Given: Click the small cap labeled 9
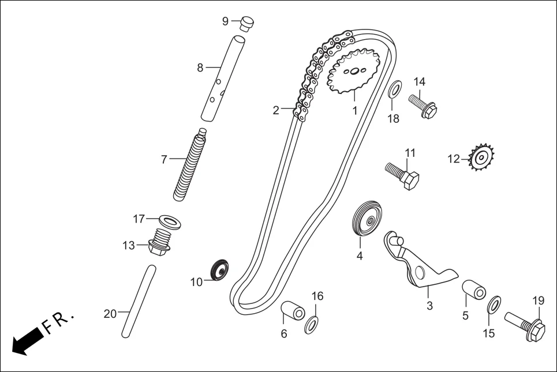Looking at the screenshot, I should (x=247, y=23).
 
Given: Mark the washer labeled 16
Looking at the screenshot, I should (x=311, y=324).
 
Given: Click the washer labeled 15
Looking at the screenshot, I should (x=494, y=304).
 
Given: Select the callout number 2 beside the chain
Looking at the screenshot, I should (x=276, y=110).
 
